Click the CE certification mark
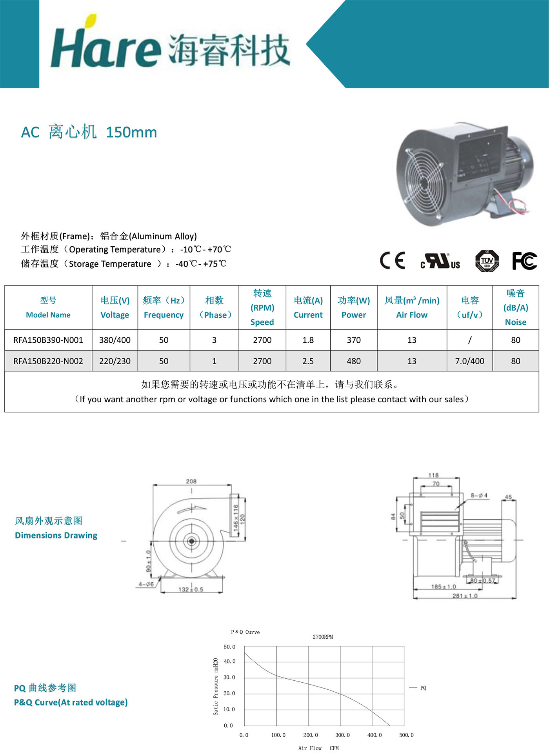coord(392,260)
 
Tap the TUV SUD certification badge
coord(487,261)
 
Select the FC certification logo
coord(524,261)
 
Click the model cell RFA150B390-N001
coord(48,340)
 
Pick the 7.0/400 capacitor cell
coord(469,361)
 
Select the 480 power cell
coord(353,361)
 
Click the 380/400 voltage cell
coord(115,340)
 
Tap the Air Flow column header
coord(411,307)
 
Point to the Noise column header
coord(515,307)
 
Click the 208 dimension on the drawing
coord(191,481)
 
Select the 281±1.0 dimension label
coord(465,596)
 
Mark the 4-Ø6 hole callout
coord(146,584)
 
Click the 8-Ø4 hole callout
coord(479,496)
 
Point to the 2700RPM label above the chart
coord(322,637)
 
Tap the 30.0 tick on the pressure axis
coord(229,677)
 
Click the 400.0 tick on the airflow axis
coord(374,735)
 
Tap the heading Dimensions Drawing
coord(56,535)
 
